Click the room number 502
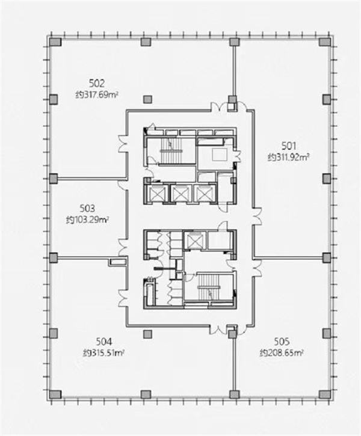(x=97, y=83)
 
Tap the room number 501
(x=288, y=146)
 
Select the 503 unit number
(x=87, y=208)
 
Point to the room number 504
(x=104, y=341)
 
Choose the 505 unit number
(x=282, y=341)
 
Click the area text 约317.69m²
(x=97, y=95)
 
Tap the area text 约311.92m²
(x=289, y=158)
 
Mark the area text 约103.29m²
(x=87, y=220)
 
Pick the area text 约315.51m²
(x=103, y=353)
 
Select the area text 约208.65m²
(x=282, y=353)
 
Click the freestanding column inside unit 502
(x=147, y=99)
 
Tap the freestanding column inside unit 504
(x=147, y=334)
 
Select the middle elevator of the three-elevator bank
(x=180, y=193)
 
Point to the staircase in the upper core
(x=170, y=150)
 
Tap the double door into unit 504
(x=122, y=298)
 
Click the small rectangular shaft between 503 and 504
(x=117, y=262)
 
